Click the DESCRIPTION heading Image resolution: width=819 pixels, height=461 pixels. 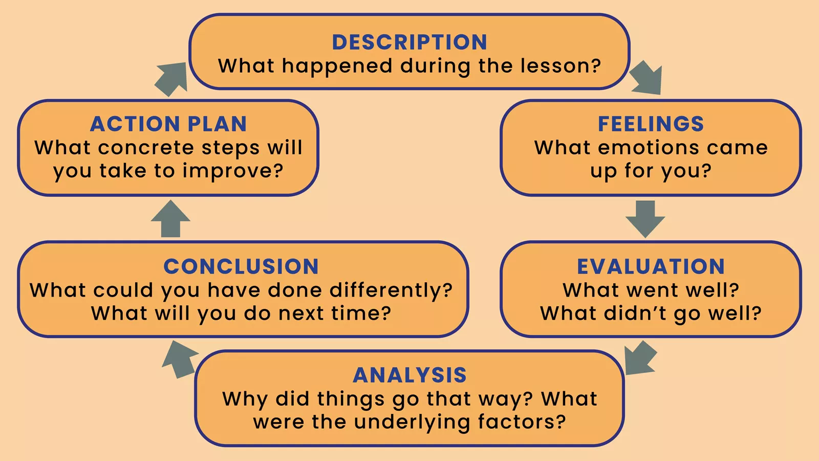coord(409,42)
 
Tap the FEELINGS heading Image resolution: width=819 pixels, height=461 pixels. coord(651,124)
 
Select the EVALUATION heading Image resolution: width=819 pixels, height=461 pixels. coord(651,266)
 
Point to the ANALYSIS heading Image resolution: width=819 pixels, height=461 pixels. coord(409,375)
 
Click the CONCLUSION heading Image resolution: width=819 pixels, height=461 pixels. coord(241,266)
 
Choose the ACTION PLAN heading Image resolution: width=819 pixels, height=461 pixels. coord(168,124)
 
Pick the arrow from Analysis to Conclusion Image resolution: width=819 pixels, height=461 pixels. coord(179,359)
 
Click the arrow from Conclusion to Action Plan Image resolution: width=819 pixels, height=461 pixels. coord(170,219)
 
